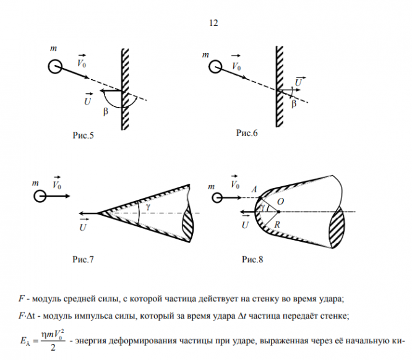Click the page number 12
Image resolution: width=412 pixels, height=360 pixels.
pos(214,23)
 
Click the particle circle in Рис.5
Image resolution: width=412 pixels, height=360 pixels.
pos(54,66)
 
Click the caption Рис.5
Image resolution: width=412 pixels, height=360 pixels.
pos(82,135)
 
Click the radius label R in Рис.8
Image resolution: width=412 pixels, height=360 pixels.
pos(278,226)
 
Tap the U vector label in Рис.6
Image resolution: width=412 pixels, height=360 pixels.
pos(299,81)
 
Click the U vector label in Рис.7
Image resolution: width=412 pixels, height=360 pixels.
pos(82,226)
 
